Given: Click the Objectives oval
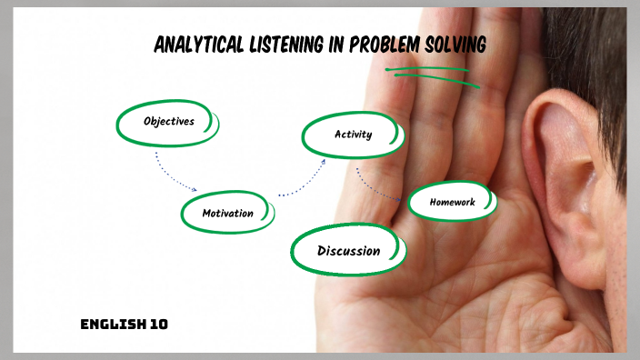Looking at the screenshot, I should click(168, 121).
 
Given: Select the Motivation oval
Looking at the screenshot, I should click(228, 214).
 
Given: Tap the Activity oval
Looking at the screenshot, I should click(353, 135).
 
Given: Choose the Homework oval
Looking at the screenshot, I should click(452, 202).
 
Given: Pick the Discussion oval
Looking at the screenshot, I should click(348, 250).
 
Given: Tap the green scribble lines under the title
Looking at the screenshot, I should click(426, 72).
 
